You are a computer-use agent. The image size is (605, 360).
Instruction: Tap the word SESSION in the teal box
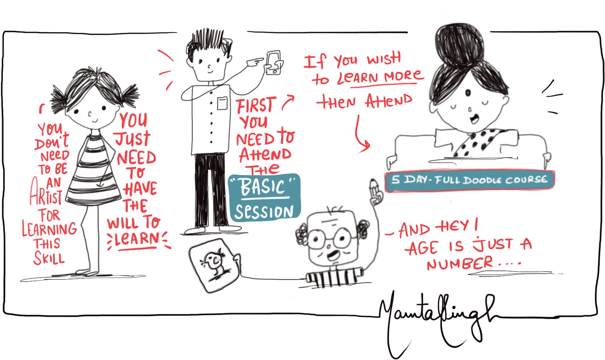264,212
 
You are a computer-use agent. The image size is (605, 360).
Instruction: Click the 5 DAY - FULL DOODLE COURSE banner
469,180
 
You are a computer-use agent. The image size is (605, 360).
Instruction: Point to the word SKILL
49,258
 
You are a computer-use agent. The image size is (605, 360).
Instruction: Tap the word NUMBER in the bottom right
460,264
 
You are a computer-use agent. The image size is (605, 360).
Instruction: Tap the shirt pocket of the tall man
222,103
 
